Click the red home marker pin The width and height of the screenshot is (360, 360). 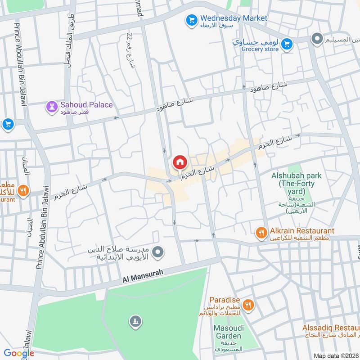[x=180, y=162]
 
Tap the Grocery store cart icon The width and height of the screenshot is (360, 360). [x=286, y=44]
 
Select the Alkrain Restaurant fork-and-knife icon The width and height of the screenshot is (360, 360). [x=261, y=232]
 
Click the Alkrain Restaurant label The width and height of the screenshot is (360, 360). [x=301, y=230]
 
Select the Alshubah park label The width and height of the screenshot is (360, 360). [x=293, y=175]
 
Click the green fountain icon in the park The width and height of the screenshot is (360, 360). [x=135, y=321]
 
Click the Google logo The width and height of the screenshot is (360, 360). [x=19, y=353]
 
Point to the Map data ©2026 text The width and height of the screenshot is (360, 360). [x=335, y=355]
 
